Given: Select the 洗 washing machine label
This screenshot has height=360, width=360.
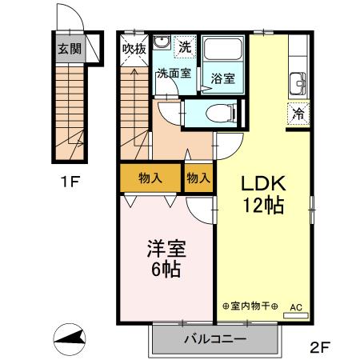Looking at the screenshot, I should click(185, 46).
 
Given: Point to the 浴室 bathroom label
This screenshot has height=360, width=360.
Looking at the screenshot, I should click(222, 78).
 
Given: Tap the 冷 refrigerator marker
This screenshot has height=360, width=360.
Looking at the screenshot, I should click(296, 114).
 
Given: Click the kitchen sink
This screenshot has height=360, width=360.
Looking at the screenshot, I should click(297, 82).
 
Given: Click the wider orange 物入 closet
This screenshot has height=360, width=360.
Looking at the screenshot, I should click(150, 178).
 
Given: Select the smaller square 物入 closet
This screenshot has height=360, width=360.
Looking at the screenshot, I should click(198, 178).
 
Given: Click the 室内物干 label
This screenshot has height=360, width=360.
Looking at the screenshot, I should click(250, 306).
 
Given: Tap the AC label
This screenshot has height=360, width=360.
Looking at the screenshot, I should click(295, 306).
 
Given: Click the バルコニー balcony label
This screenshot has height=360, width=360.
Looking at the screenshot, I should click(214, 339).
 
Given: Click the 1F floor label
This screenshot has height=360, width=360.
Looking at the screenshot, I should click(69, 181).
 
